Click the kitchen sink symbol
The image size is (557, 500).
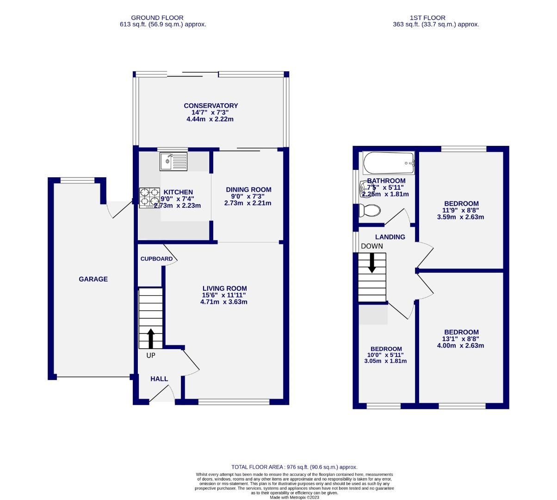(173, 162)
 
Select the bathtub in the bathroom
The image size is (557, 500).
(388, 163)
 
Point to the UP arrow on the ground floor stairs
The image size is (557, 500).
(151, 338)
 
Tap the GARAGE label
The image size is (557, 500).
(93, 279)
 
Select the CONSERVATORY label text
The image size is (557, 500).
(210, 106)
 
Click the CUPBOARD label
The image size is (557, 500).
(156, 259)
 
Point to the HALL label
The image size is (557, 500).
(159, 379)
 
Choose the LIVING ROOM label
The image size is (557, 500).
(224, 288)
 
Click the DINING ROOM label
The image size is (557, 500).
(248, 189)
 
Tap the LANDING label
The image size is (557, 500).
(390, 237)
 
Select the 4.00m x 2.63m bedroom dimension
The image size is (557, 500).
(461, 345)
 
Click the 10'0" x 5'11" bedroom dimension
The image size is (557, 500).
(386, 355)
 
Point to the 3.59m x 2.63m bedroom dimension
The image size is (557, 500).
(461, 217)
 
